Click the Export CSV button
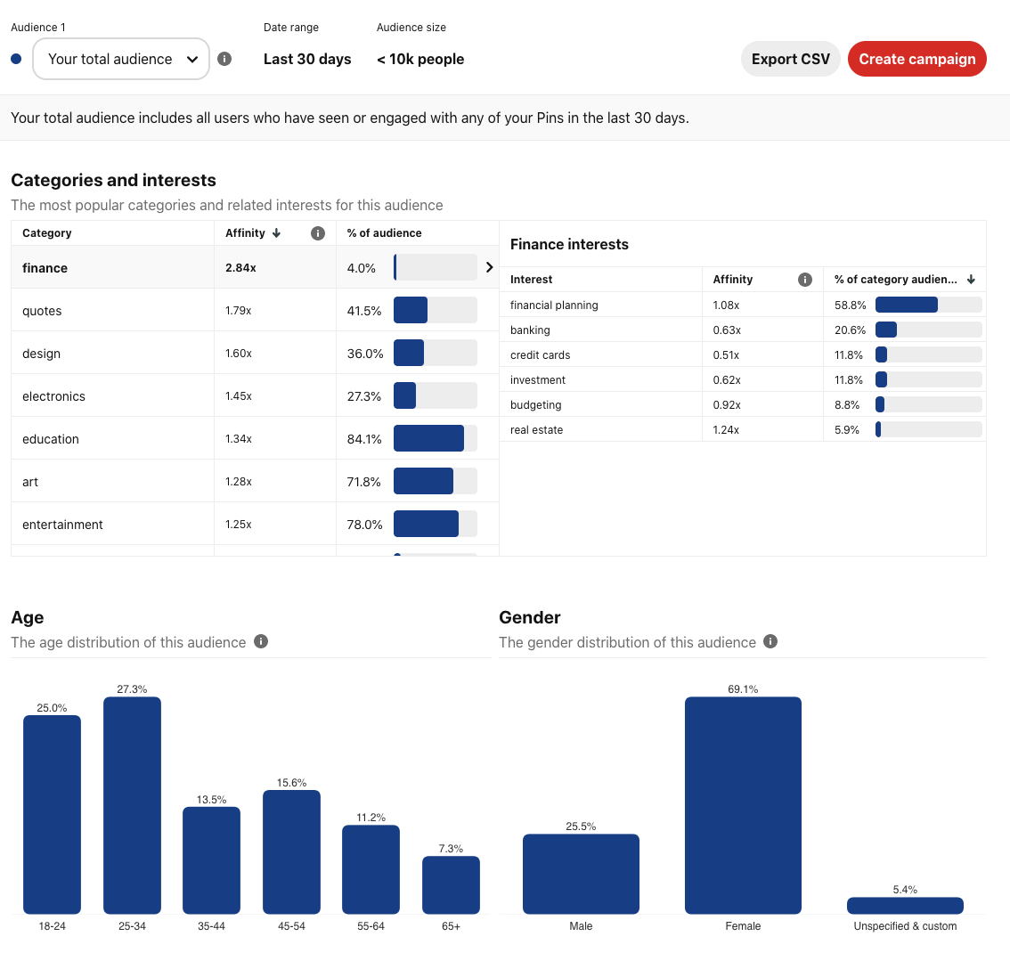(790, 59)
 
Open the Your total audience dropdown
(121, 59)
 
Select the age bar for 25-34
(132, 805)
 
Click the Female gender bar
(743, 805)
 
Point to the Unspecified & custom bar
(905, 905)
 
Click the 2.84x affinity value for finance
(240, 268)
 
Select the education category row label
(51, 439)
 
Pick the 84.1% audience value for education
(364, 439)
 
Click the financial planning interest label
(554, 305)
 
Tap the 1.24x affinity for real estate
(726, 430)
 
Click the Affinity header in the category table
(246, 233)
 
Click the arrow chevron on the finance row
(489, 267)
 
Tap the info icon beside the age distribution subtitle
(261, 641)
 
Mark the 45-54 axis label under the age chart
(291, 926)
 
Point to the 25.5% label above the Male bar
(581, 827)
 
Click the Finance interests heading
(569, 244)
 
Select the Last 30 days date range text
(307, 60)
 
